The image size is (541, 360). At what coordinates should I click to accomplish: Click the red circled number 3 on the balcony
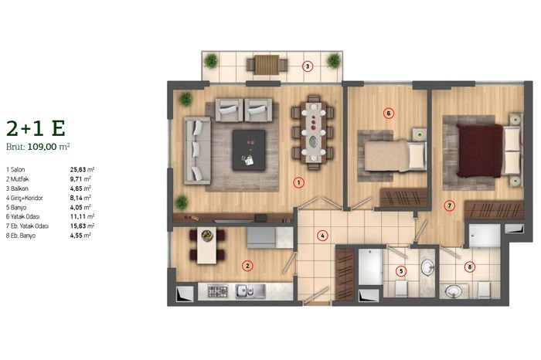[x=308, y=66]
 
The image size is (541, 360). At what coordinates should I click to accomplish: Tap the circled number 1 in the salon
[x=298, y=182]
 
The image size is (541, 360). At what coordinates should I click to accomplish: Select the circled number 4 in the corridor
[x=322, y=236]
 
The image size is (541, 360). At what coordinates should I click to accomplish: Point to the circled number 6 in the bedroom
[x=389, y=113]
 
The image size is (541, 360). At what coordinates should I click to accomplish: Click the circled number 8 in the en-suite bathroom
[x=469, y=267]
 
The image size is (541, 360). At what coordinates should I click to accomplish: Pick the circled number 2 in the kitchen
[x=247, y=266]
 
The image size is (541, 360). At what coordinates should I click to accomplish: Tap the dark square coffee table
[x=249, y=150]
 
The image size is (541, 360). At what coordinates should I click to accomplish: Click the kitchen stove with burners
[x=218, y=292]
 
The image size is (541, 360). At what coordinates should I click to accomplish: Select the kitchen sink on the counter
[x=250, y=291]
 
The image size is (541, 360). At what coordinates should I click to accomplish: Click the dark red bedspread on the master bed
[x=480, y=151]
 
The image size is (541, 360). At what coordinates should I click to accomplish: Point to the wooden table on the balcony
[x=267, y=65]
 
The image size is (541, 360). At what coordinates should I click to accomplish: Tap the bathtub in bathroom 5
[x=370, y=267]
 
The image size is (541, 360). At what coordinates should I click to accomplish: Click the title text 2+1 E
[x=36, y=128]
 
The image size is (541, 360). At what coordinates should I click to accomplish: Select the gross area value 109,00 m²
[x=49, y=147]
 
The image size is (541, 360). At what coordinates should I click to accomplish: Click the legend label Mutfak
[x=19, y=179]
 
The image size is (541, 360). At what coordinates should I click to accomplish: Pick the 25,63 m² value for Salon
[x=82, y=170]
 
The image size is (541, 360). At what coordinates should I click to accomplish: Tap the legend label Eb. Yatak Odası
[x=29, y=226]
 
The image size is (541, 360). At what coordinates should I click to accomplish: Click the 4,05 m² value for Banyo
[x=80, y=207]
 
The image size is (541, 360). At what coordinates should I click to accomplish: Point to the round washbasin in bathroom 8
[x=454, y=292]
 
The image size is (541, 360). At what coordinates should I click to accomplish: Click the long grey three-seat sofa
[x=197, y=151]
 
